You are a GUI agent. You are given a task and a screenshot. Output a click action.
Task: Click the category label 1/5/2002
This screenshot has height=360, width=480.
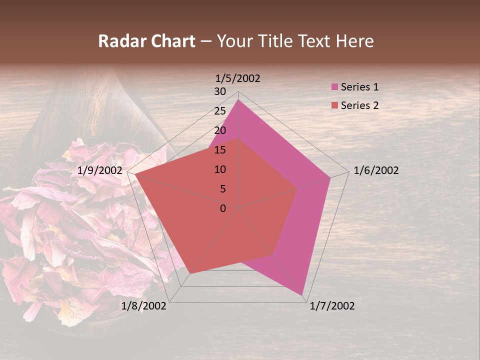237,78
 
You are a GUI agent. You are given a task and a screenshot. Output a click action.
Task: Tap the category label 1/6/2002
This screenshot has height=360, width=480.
376,170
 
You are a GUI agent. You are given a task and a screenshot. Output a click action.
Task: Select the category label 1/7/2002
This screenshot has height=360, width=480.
332,306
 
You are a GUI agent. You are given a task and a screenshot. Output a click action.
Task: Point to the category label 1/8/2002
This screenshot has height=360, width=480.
144,306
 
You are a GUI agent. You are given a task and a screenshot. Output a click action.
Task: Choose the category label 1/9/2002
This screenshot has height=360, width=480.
100,170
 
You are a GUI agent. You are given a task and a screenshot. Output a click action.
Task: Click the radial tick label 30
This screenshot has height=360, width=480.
220,91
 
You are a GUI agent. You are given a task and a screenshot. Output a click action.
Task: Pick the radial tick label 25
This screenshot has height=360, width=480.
220,111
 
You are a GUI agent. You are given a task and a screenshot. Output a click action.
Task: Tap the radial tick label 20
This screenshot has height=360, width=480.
220,130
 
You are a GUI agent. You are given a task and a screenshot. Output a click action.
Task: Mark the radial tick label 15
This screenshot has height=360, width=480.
220,150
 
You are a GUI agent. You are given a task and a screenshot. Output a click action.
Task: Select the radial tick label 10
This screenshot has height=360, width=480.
220,169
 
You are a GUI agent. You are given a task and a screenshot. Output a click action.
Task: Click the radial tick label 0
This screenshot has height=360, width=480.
223,208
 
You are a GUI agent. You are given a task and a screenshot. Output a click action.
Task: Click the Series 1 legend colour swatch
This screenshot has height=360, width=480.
334,87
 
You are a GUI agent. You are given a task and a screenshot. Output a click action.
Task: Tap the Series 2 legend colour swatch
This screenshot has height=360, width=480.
334,105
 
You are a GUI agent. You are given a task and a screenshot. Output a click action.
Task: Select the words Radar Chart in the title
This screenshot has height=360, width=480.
146,41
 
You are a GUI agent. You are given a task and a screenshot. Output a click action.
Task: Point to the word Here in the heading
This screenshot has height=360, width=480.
355,41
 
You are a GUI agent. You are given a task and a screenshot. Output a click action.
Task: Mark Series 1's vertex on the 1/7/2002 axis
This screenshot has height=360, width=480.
302,295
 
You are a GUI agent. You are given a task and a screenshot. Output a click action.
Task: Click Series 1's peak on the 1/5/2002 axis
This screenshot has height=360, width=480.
238,100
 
